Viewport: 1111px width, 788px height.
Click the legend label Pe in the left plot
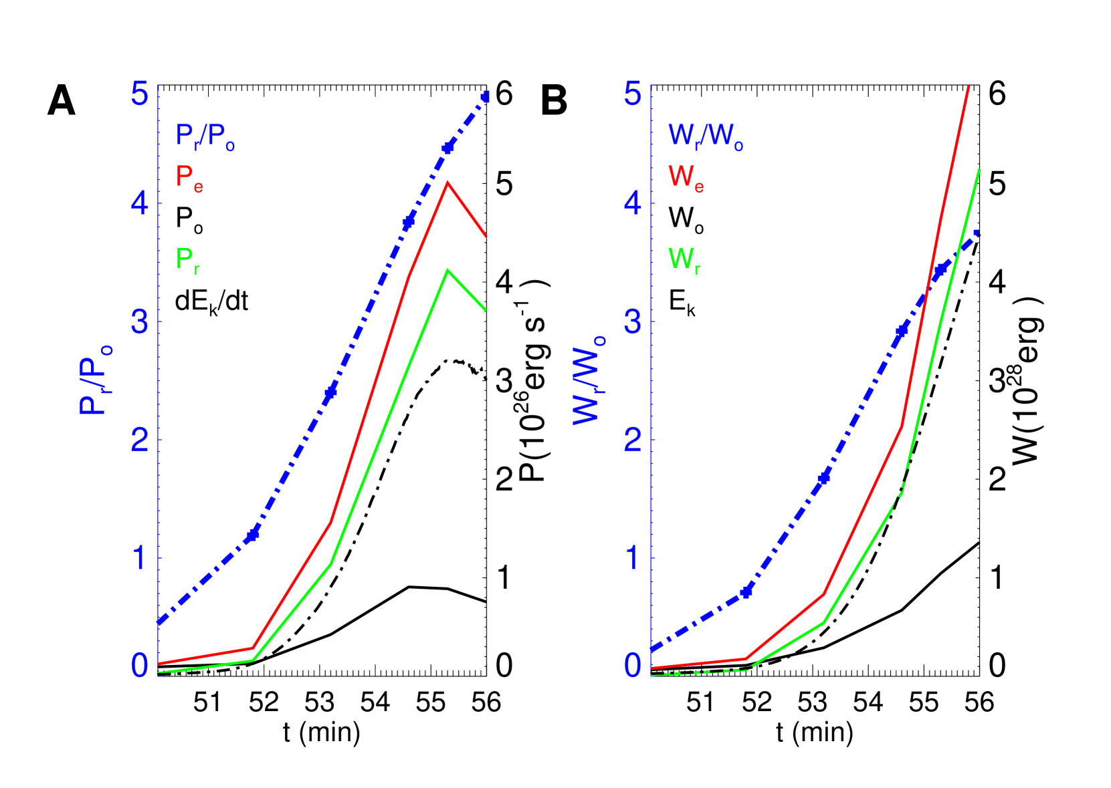[189, 178]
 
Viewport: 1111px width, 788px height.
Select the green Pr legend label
[187, 260]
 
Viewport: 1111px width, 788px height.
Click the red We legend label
[686, 178]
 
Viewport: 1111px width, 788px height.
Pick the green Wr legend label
[684, 260]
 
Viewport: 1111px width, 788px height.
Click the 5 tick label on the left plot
[139, 94]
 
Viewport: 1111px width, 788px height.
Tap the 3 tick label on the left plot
[139, 322]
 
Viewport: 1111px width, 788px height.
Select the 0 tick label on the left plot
[139, 666]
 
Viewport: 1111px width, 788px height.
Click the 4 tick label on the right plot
[632, 203]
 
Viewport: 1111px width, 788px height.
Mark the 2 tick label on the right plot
[632, 440]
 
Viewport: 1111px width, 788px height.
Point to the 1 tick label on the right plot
[632, 558]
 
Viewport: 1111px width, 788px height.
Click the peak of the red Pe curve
[447, 182]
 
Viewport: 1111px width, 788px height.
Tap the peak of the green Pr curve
[447, 270]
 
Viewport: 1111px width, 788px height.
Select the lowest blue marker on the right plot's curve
[747, 591]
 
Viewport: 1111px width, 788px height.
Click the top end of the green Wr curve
[979, 170]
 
